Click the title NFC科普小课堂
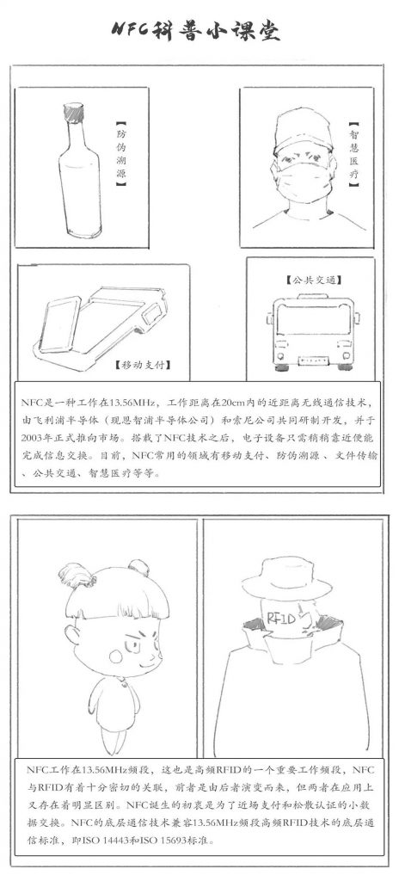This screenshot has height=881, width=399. pyautogui.click(x=195, y=30)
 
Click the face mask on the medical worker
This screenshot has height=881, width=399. pyautogui.click(x=303, y=179)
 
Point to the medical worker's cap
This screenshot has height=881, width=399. pyautogui.click(x=303, y=131)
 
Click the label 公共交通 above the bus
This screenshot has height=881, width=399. pyautogui.click(x=314, y=280)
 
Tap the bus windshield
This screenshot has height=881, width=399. pyautogui.click(x=314, y=320)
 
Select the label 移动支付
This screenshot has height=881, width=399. pyautogui.click(x=144, y=365)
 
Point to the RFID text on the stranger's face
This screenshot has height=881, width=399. pyautogui.click(x=281, y=618)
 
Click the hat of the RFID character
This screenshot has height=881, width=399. pyautogui.click(x=286, y=578)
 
